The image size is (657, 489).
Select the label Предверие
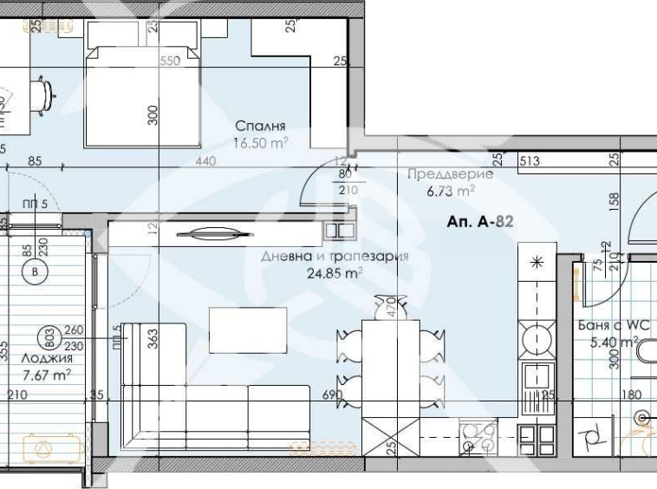pyautogui.click(x=450, y=174)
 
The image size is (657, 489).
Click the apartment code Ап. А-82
pyautogui.click(x=481, y=222)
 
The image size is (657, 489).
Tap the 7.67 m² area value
pyautogui.click(x=45, y=374)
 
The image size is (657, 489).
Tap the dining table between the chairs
pyautogui.click(x=389, y=364)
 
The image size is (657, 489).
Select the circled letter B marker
pyautogui.click(x=35, y=271)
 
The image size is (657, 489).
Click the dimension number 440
pyautogui.click(x=205, y=160)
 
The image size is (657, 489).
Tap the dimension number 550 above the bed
pyautogui.click(x=170, y=62)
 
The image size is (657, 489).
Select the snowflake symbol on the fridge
pyautogui.click(x=537, y=261)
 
